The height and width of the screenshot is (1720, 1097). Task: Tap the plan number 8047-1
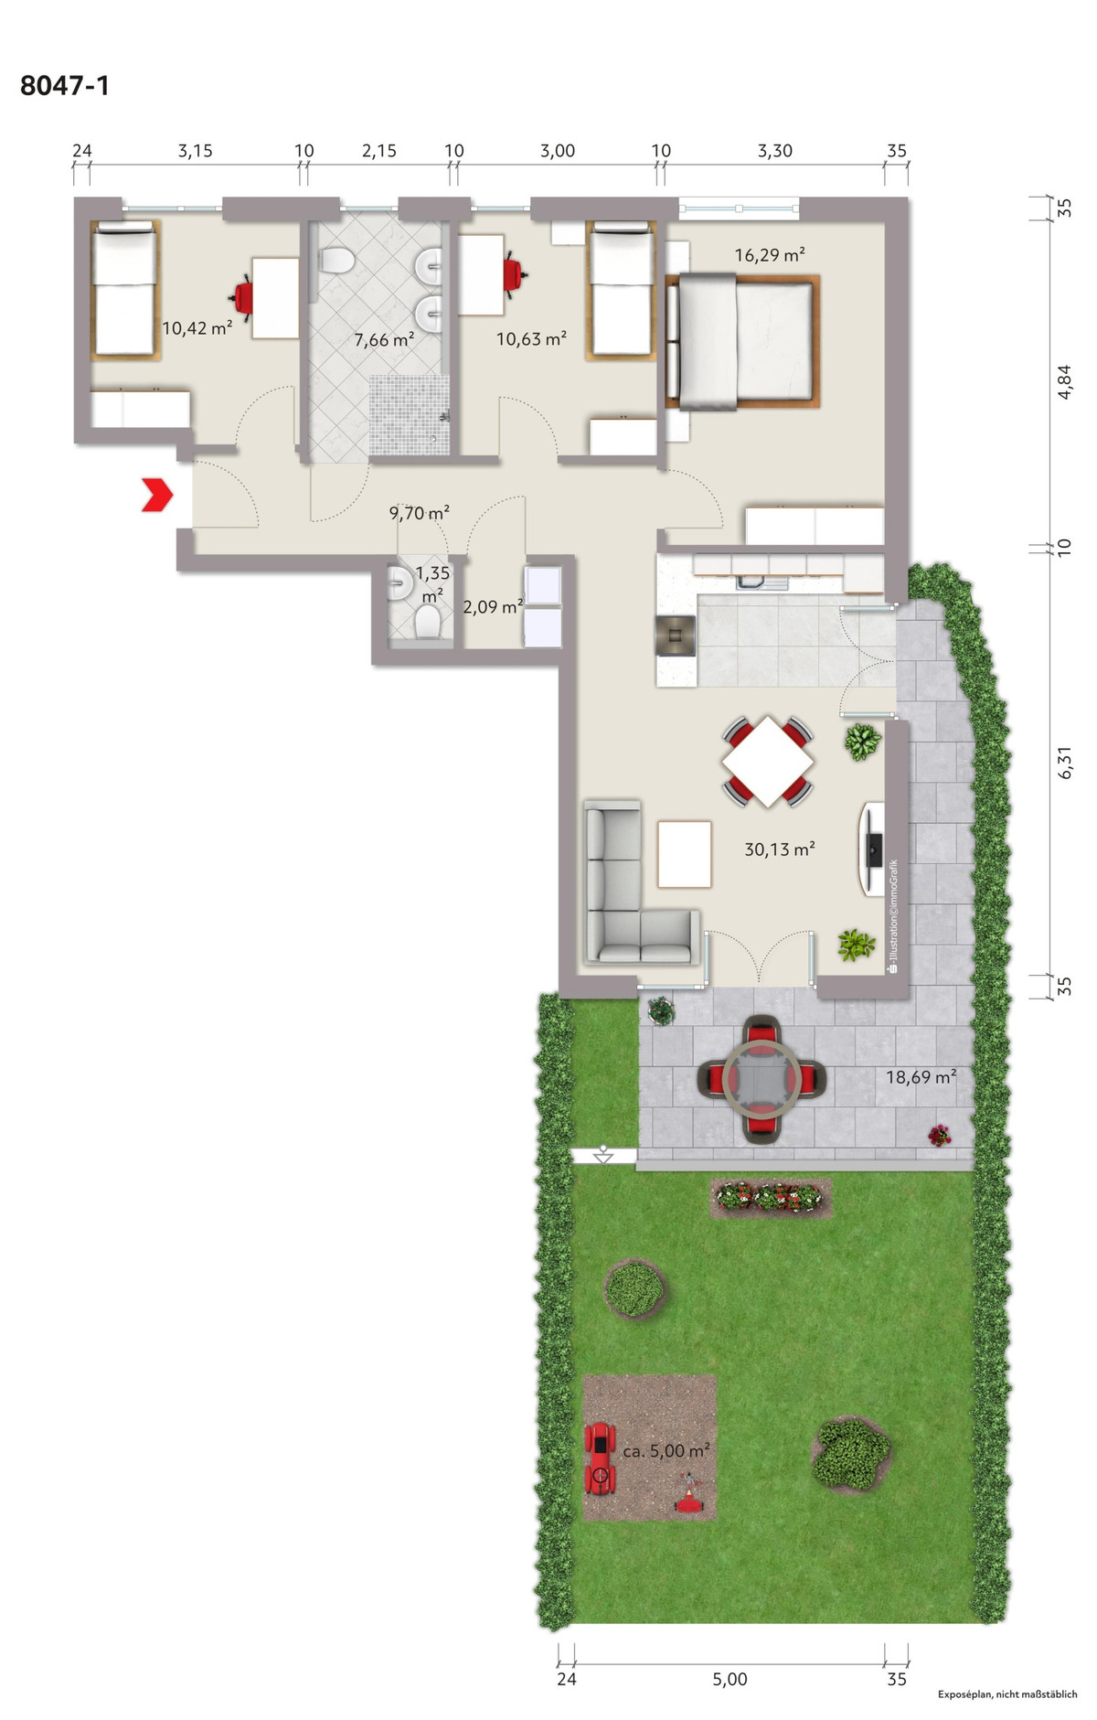[x=65, y=86]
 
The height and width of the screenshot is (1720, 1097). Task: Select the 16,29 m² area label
[x=770, y=255]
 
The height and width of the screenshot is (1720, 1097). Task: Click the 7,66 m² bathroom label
[x=384, y=340]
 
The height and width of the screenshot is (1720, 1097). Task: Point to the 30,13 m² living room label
[x=780, y=849]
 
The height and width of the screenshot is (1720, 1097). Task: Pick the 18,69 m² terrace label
[x=921, y=1077]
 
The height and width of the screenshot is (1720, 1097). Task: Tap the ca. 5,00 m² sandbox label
[x=666, y=1451]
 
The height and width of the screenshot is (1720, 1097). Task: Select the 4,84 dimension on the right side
[x=1064, y=381]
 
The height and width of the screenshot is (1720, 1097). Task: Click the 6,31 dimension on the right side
[x=1064, y=762]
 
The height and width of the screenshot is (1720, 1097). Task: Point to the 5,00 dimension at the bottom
[x=730, y=1679]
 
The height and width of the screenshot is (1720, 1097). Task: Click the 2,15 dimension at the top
[x=378, y=151]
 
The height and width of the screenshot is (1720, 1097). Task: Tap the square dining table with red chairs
[x=768, y=762]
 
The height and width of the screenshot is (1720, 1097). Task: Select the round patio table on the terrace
[x=762, y=1080]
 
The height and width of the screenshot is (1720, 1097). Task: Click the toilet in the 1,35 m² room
[x=427, y=624]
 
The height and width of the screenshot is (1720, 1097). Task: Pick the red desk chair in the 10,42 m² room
[x=243, y=296]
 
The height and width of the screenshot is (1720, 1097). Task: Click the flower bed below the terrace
[x=771, y=1197]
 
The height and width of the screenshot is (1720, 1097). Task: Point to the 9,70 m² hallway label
[x=419, y=513]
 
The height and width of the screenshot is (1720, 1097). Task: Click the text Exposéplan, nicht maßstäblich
[x=1007, y=1694]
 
